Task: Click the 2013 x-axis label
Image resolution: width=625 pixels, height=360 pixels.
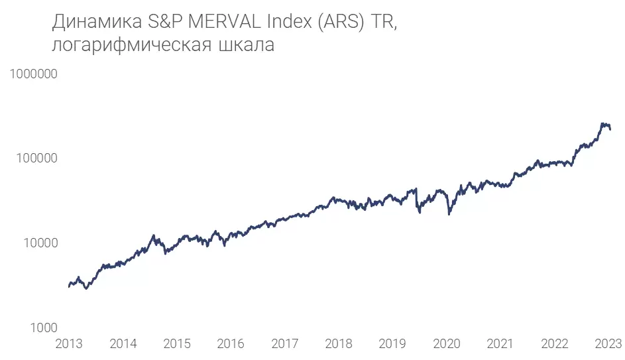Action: (69, 344)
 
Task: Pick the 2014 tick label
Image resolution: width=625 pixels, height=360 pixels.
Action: (123, 344)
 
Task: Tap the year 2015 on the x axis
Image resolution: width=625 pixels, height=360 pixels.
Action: (177, 344)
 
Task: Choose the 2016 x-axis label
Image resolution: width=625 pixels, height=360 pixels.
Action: (231, 344)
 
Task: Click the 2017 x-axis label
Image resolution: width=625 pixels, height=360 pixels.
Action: (285, 344)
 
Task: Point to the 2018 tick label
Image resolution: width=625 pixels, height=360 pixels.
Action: (339, 344)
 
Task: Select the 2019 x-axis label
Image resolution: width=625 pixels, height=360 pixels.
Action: (392, 344)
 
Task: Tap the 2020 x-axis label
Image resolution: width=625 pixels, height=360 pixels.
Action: (447, 344)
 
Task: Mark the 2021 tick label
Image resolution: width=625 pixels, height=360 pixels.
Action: (500, 344)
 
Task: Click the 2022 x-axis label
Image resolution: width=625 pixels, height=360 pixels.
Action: (554, 344)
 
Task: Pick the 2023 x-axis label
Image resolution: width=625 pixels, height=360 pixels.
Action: (608, 344)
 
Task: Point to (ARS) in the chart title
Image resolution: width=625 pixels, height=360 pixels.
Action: (340, 23)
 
